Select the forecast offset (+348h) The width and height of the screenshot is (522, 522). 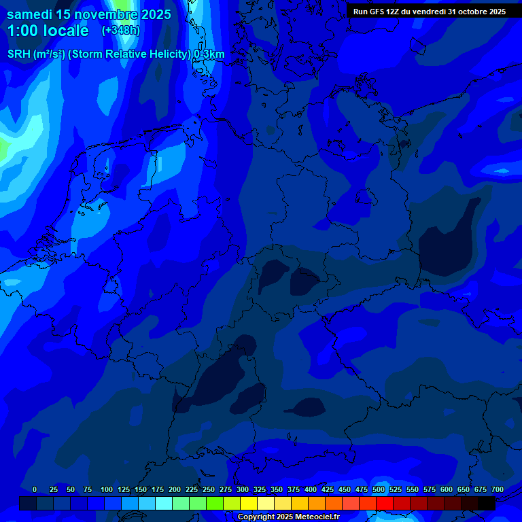pyautogui.click(x=121, y=31)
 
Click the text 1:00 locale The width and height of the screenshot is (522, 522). pyautogui.click(x=48, y=31)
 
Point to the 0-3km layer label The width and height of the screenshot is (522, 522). pyautogui.click(x=209, y=54)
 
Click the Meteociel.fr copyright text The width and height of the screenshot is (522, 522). pyautogui.click(x=288, y=517)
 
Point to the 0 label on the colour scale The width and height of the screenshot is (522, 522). pyautogui.click(x=34, y=489)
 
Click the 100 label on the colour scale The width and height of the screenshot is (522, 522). pyautogui.click(x=107, y=489)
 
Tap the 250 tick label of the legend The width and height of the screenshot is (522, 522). pyautogui.click(x=209, y=489)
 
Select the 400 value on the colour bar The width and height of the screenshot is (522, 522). pyautogui.click(x=311, y=489)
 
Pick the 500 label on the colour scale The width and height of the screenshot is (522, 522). pyautogui.click(x=379, y=489)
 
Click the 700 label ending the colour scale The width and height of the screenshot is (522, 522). pyautogui.click(x=498, y=489)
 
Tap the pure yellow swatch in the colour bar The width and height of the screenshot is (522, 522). pyautogui.click(x=249, y=503)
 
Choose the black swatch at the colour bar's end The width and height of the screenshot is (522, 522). pyautogui.click(x=487, y=503)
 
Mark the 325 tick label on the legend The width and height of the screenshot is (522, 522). pyautogui.click(x=260, y=489)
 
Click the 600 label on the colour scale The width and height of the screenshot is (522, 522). pyautogui.click(x=447, y=489)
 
